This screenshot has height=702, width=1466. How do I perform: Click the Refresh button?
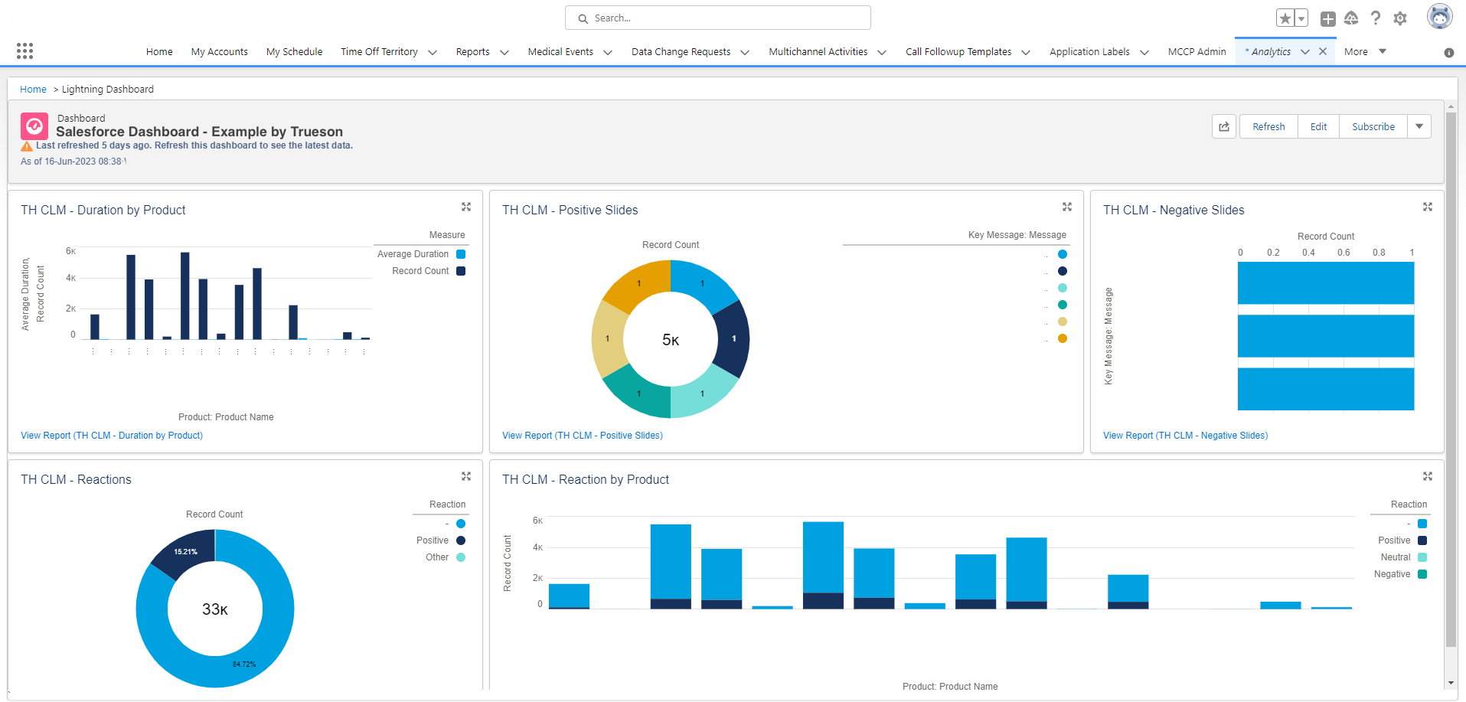(x=1268, y=127)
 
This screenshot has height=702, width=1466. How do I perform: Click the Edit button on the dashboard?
(x=1318, y=127)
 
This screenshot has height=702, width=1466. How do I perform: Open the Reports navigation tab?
(x=472, y=52)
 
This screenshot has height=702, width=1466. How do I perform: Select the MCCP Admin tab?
(x=1197, y=52)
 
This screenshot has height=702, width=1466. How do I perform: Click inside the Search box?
(x=717, y=18)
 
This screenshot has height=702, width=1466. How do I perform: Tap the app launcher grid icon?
(x=24, y=51)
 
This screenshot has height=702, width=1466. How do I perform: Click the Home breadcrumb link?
(x=33, y=90)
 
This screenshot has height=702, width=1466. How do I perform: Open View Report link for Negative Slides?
(x=1185, y=436)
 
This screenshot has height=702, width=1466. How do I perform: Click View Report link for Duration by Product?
(x=112, y=436)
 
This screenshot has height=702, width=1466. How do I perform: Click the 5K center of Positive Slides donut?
(x=671, y=340)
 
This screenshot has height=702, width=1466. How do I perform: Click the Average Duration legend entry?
(x=413, y=254)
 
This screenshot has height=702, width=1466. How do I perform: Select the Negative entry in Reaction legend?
(x=1393, y=574)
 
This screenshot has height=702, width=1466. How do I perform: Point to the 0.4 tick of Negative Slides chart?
(x=1308, y=253)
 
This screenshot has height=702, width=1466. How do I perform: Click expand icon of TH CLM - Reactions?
(x=465, y=476)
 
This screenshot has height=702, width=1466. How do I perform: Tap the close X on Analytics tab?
(x=1323, y=51)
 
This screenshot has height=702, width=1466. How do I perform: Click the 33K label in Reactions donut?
(x=215, y=609)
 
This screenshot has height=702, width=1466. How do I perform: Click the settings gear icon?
(x=1400, y=18)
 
